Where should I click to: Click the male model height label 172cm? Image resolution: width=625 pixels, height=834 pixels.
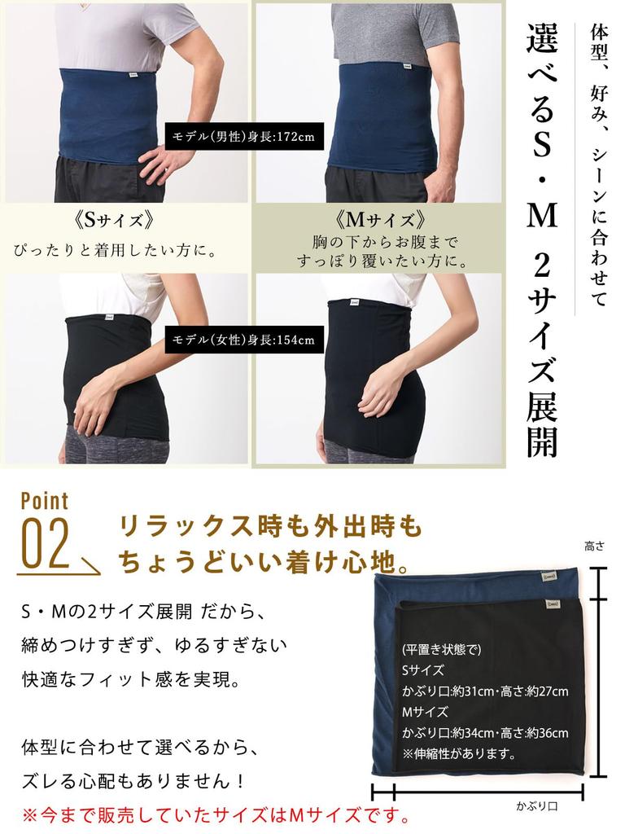point(244,136)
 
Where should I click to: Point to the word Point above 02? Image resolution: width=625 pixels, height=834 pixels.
point(44,500)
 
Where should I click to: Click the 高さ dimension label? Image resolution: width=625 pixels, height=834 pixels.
point(594,548)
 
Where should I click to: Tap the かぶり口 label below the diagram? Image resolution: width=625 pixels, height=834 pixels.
point(535,807)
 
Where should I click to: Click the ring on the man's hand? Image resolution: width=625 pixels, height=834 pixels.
point(167,171)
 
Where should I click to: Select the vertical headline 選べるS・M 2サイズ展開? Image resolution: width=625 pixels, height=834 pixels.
point(540,236)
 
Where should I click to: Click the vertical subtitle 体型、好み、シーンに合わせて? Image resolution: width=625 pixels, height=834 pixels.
point(598,163)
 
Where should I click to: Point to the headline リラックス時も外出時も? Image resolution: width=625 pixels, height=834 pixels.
point(271,527)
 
